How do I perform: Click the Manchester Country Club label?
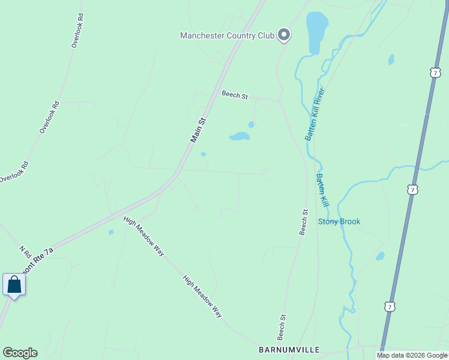pos(227,35)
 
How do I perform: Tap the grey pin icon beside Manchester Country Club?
pos(285,36)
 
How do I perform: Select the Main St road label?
pos(198,130)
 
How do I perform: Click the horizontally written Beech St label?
pos(235,94)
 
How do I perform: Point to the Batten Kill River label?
pos(314,114)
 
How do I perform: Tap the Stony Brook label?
pos(339,221)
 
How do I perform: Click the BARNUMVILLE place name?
pos(289,350)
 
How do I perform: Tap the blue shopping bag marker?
pos(14,284)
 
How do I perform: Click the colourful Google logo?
pos(20,353)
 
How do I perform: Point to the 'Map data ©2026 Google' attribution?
pos(412,355)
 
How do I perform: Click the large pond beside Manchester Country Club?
pos(316,33)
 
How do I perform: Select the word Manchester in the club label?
pos(202,35)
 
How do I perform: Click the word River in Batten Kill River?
pos(320,98)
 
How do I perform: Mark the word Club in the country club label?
pos(266,35)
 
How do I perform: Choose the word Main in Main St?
pos(196,135)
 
